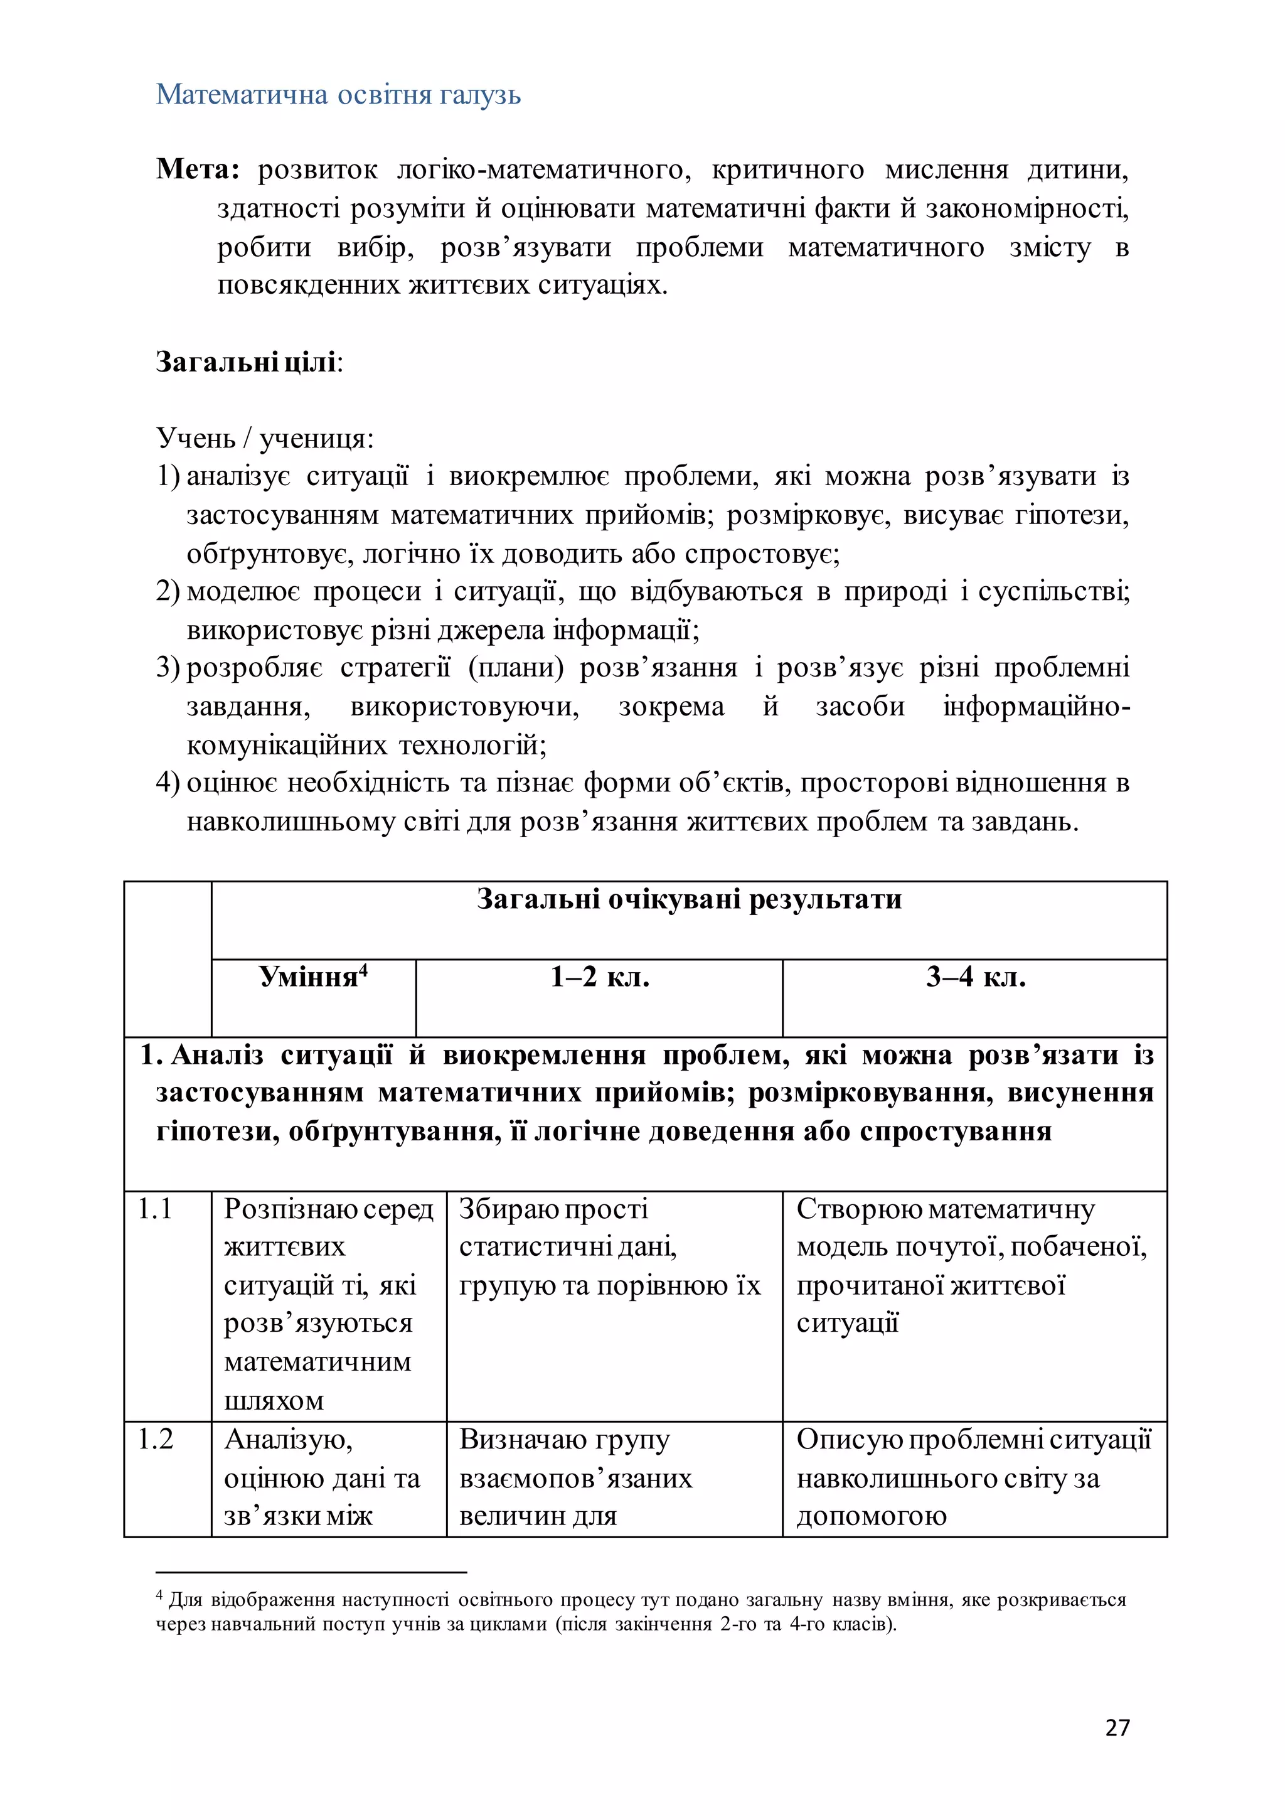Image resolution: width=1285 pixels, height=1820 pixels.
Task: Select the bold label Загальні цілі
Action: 247,361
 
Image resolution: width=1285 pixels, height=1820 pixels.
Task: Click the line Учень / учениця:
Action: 265,437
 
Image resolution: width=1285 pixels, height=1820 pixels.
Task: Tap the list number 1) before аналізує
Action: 168,476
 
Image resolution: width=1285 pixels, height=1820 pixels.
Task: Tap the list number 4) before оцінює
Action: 168,783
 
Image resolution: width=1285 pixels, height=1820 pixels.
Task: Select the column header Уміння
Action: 309,977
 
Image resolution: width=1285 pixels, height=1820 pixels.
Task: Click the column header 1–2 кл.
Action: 599,977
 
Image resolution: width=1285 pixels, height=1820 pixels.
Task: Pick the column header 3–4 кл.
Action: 975,977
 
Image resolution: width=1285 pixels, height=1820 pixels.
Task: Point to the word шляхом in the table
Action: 274,1401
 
